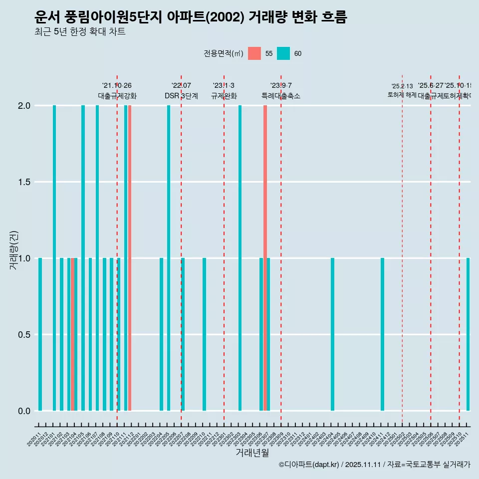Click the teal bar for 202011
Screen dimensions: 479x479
tap(40, 334)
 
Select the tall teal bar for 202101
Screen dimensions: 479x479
tap(54, 258)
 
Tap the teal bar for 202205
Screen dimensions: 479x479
tap(169, 258)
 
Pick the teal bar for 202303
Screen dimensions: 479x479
tap(240, 258)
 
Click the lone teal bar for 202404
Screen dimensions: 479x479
tap(332, 334)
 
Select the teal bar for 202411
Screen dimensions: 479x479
tap(382, 334)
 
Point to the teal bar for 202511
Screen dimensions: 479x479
tap(468, 334)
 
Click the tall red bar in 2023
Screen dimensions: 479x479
tap(265, 258)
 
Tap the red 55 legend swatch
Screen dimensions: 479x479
tap(254, 53)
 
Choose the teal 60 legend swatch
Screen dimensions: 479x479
tap(283, 53)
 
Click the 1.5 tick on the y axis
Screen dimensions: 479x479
tap(23, 182)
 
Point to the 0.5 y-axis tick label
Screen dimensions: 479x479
tap(23, 335)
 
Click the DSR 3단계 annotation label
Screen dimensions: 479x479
tap(181, 96)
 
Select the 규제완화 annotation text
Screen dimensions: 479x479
tap(224, 96)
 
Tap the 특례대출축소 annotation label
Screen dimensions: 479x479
tap(280, 96)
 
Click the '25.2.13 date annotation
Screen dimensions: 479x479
tap(402, 86)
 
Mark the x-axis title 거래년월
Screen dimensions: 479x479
tap(252, 453)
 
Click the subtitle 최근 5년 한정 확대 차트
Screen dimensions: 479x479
tap(80, 32)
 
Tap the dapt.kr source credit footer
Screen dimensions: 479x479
tap(374, 465)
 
